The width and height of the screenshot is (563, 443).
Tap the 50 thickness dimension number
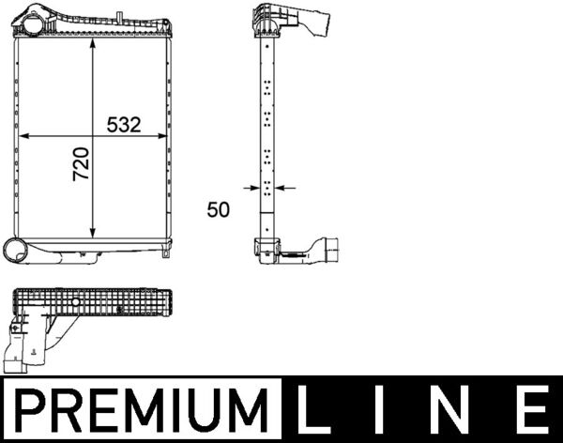point(218,210)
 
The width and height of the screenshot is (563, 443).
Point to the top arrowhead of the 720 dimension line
point(92,48)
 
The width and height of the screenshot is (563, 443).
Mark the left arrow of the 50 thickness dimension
point(255,188)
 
